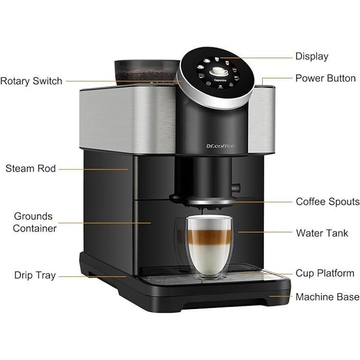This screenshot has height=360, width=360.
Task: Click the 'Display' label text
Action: pos(311,57)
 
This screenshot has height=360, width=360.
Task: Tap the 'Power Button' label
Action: pos(325,78)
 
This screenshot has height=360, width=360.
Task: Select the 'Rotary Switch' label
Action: pos(31,81)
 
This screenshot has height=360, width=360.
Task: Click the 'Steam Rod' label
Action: pos(30,168)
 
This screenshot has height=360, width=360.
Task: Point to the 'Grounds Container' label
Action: pos(34,222)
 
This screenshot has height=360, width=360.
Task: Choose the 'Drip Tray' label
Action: pos(35,276)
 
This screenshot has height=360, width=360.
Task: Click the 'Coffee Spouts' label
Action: pos(327,202)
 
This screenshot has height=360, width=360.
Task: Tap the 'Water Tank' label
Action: pos(322,233)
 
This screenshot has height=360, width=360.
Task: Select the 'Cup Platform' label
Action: pos(325,273)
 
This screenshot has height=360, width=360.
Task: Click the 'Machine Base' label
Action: pos(327,297)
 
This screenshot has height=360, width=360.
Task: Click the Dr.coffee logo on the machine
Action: pos(220,146)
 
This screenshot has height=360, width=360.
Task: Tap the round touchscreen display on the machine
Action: pos(218,75)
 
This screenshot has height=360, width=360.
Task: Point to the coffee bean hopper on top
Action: pos(146,71)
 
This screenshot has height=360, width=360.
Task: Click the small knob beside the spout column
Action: pos(236,187)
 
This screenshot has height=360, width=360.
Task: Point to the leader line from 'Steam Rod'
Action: pos(93,169)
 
